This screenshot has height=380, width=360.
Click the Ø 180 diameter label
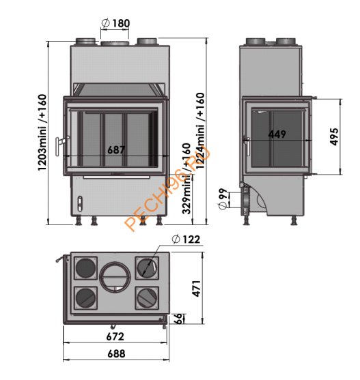[x=115, y=24]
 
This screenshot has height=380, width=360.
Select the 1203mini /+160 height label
[x=42, y=132]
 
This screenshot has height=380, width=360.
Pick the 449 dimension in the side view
[x=277, y=134]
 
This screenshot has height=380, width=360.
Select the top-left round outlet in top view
[x=85, y=266]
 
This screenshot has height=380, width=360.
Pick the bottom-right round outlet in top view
[x=146, y=297]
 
